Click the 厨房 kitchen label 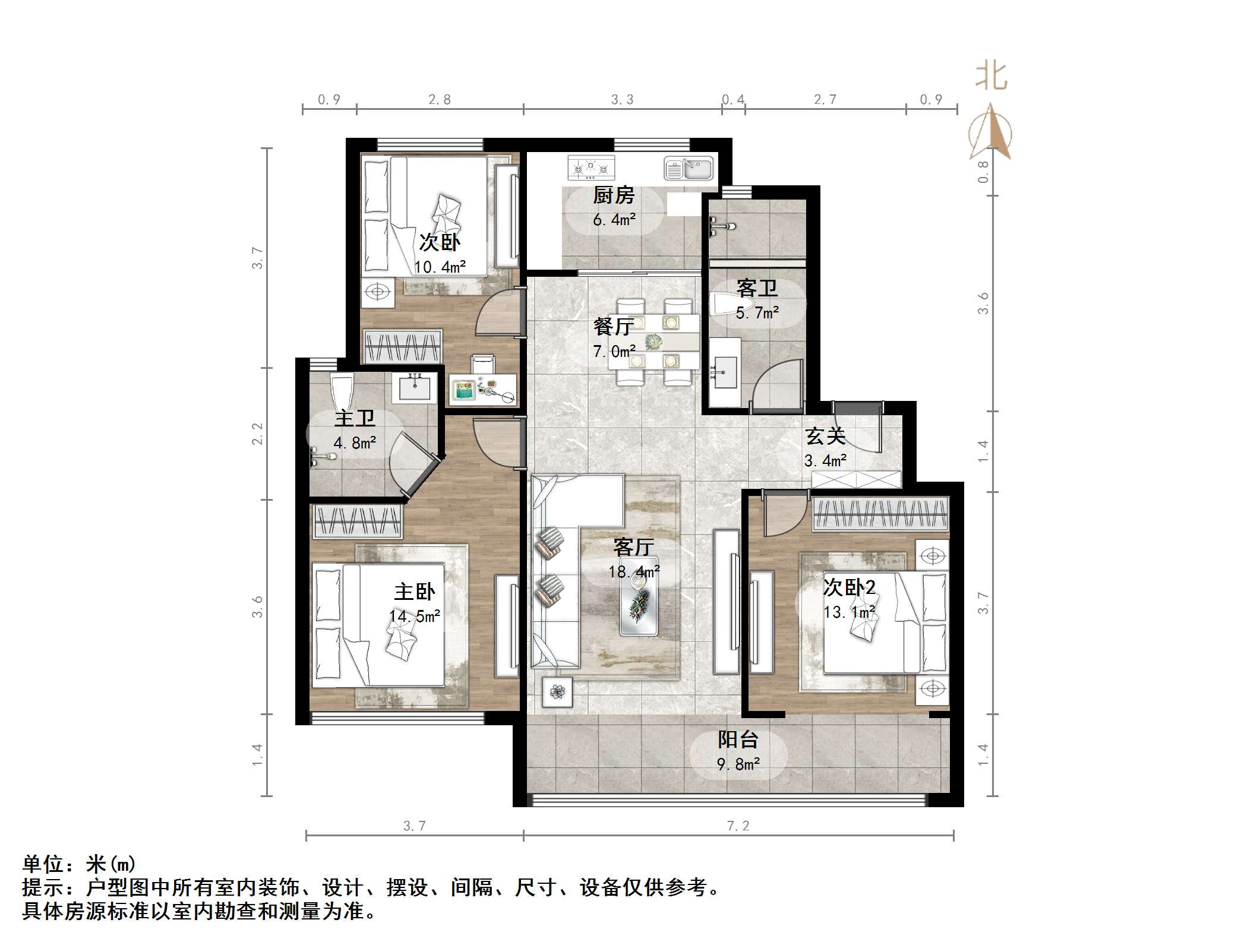(x=613, y=195)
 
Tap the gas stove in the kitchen (x=590, y=167)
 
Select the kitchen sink (x=688, y=168)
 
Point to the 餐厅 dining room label (x=613, y=327)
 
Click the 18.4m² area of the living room (x=633, y=572)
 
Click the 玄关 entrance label (x=825, y=437)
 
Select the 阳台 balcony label (x=738, y=740)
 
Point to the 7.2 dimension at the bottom (x=738, y=826)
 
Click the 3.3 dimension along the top (x=622, y=100)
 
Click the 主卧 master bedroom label (x=414, y=592)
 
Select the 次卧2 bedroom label (x=849, y=587)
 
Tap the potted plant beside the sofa (x=557, y=692)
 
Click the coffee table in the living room (x=639, y=596)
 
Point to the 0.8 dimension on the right (x=983, y=172)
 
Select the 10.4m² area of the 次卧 (x=440, y=267)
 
